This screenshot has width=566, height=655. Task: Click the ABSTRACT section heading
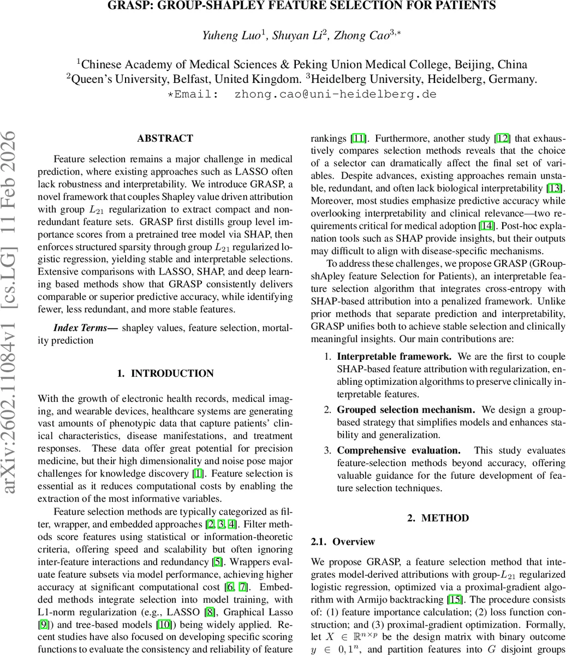[x=165, y=139]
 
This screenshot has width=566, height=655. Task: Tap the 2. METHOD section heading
[x=438, y=518]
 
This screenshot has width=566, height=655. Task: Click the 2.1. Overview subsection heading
[x=343, y=541]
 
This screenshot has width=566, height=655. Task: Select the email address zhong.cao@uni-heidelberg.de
[x=335, y=94]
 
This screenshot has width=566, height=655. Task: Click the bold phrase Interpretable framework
[x=394, y=356]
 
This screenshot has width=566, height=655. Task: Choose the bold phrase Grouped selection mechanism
[x=406, y=409]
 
